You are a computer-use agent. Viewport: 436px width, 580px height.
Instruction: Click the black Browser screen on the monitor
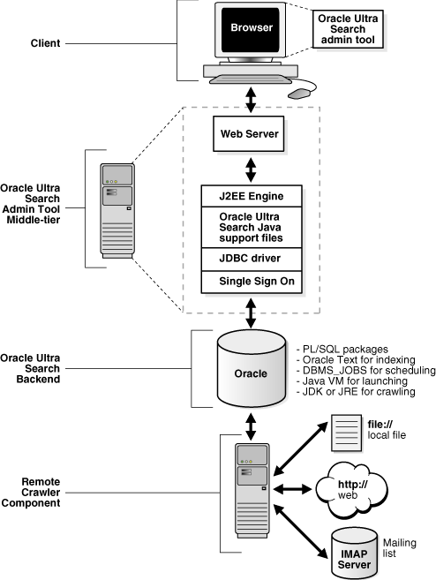click(252, 29)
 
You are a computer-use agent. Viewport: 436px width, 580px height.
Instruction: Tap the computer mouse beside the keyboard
click(302, 91)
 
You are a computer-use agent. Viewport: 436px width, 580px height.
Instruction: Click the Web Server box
click(252, 134)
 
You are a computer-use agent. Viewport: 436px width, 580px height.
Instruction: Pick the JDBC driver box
click(252, 258)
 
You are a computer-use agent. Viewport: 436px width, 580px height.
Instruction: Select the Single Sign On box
click(252, 282)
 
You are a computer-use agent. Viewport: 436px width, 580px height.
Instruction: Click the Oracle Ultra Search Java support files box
click(252, 226)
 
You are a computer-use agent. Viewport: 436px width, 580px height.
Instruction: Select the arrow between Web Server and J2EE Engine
click(252, 166)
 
